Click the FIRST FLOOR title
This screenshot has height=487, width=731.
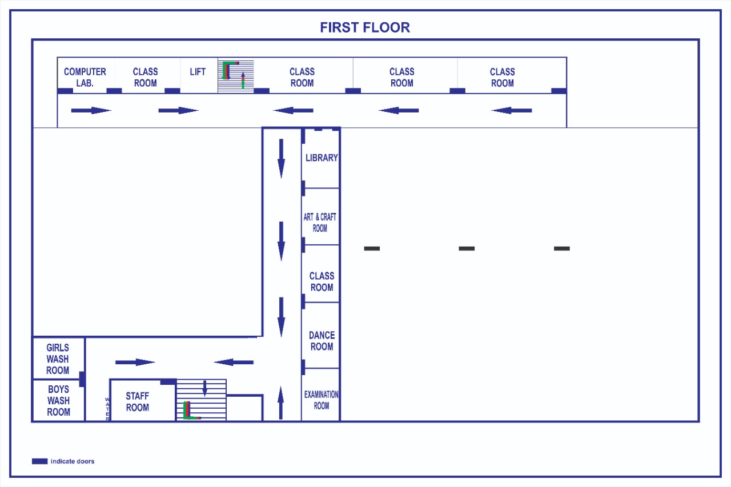point(365,27)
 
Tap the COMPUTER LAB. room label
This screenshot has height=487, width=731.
point(85,77)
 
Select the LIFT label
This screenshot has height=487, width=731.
point(198,72)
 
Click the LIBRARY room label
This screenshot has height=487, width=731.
point(322,158)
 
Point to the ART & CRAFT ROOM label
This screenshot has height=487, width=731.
point(320,223)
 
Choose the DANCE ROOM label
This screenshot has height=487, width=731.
point(322,341)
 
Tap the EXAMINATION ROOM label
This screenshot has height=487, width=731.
point(321,400)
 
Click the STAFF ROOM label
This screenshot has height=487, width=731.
point(138,402)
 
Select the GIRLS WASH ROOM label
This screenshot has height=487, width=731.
point(58,359)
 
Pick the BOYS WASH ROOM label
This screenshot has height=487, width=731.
point(58,401)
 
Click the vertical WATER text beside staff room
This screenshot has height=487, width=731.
point(107,409)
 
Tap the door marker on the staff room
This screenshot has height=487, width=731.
point(168,381)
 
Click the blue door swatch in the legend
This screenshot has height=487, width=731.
point(39,461)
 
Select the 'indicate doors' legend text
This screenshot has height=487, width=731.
point(73,461)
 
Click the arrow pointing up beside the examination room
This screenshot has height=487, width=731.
point(280,403)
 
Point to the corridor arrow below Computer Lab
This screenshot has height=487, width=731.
point(91,111)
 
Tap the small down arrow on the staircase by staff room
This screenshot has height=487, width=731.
point(204,388)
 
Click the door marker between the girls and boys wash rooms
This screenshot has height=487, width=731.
point(82,379)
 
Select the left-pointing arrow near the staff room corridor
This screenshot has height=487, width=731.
point(234,363)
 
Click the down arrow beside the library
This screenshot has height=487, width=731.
point(281,159)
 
